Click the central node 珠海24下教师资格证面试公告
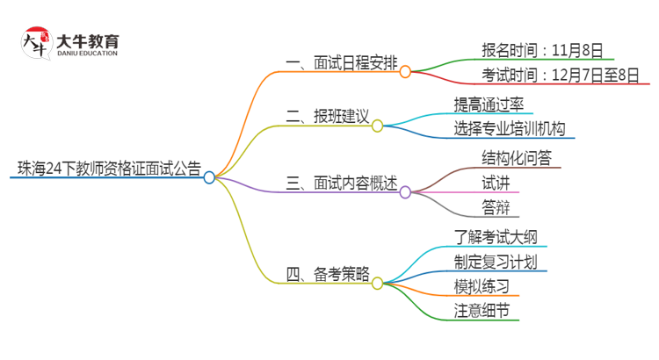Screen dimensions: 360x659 pos(105,167)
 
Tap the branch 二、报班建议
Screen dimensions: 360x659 pos(327,116)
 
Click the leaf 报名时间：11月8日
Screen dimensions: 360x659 pos(541,50)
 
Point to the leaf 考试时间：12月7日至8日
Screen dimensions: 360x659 pos(559,76)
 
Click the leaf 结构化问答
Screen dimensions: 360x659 pos(503,158)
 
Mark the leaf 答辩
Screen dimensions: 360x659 pos(493,208)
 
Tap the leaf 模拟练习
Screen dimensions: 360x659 pos(481,286)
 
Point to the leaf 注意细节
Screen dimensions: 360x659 pos(481,312)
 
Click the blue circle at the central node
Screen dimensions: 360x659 pos(209,177)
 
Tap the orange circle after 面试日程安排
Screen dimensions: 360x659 pos(405,72)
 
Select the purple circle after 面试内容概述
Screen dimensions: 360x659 pos(405,191)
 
